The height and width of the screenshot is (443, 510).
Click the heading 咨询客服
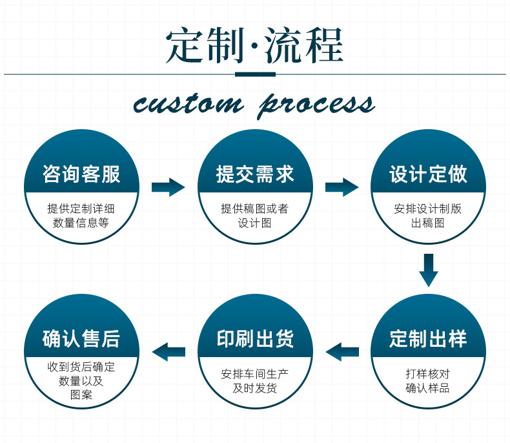(x=81, y=174)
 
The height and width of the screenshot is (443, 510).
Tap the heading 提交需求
(x=255, y=174)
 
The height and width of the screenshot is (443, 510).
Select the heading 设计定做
(x=428, y=174)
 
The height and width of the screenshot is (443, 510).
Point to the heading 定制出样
(x=428, y=338)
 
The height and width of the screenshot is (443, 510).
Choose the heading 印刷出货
(x=255, y=338)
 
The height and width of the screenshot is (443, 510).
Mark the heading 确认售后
(x=81, y=338)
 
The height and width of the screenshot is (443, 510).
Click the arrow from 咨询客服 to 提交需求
(x=168, y=187)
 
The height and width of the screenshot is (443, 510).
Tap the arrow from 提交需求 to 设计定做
(x=342, y=187)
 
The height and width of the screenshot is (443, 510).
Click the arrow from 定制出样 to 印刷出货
(x=342, y=352)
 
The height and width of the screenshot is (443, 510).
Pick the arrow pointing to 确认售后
(x=168, y=352)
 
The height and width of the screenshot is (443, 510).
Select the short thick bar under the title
(x=255, y=74)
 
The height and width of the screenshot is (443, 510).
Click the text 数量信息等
(x=81, y=223)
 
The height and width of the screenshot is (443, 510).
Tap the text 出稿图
(x=428, y=223)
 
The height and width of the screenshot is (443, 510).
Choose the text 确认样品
(x=428, y=387)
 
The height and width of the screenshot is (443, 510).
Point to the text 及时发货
(x=255, y=387)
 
